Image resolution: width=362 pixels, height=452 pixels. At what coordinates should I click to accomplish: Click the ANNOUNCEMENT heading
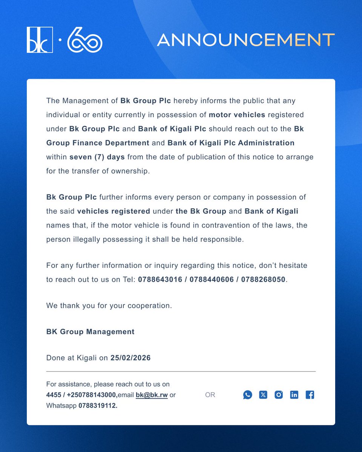pos(245,40)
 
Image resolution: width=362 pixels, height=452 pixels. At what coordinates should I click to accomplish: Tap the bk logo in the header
pos(40,40)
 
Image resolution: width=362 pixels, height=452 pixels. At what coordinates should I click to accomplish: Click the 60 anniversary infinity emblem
pos(84,40)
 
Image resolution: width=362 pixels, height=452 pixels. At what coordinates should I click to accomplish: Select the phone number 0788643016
pos(161,279)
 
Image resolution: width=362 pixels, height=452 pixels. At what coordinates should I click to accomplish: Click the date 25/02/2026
pos(130,358)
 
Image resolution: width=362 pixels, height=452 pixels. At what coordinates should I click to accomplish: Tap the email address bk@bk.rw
pos(152,395)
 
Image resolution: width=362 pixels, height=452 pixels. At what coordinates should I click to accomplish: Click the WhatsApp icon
pos(247,395)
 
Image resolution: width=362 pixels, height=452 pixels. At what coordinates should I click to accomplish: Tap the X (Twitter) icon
pos(263,395)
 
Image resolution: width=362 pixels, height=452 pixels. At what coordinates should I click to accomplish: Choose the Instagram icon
pos(279,395)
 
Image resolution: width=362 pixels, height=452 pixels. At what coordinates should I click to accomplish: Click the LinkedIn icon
pos(294,395)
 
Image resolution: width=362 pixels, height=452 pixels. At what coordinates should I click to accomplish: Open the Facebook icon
pos(310,395)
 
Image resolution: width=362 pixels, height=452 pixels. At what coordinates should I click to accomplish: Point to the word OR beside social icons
pos(210,395)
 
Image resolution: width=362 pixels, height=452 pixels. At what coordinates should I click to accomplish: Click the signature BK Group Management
pos(90,332)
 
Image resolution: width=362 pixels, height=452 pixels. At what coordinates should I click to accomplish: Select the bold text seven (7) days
pos(97,157)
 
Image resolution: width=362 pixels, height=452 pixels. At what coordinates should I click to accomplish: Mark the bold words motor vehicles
pos(237,115)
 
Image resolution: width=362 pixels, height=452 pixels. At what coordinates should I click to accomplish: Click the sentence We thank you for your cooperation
pos(109,305)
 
